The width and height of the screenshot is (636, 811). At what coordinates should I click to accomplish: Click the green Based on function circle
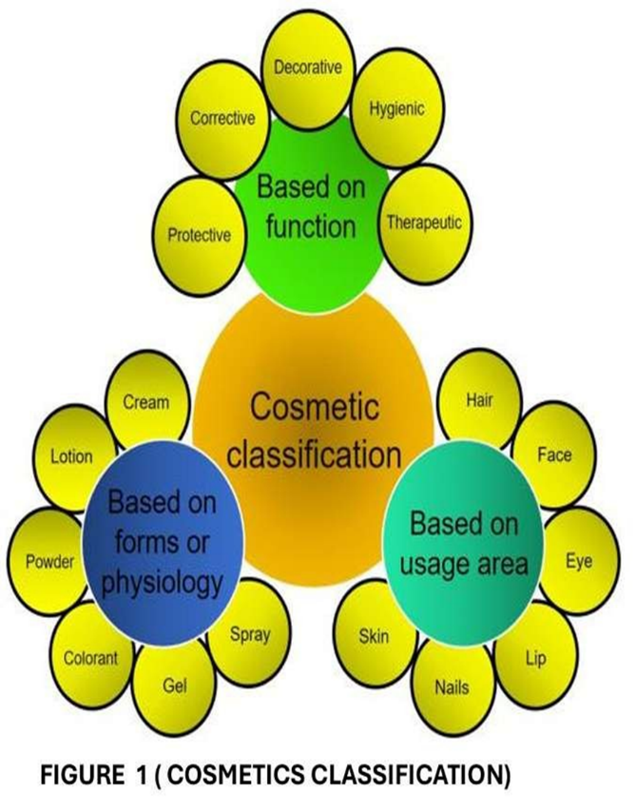pos(311,207)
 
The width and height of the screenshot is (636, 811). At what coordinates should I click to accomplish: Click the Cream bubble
pos(145,404)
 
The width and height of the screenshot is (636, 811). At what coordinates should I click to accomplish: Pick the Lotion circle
pos(71,456)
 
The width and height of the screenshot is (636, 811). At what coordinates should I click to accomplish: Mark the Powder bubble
pos(48,561)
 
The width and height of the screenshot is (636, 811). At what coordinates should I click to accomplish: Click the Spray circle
pos(250,633)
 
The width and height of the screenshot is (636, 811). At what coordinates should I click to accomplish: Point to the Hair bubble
pos(479,400)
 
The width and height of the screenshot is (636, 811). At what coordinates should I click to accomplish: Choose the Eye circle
pos(578,561)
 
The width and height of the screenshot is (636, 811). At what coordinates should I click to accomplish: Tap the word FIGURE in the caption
pos(75,775)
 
